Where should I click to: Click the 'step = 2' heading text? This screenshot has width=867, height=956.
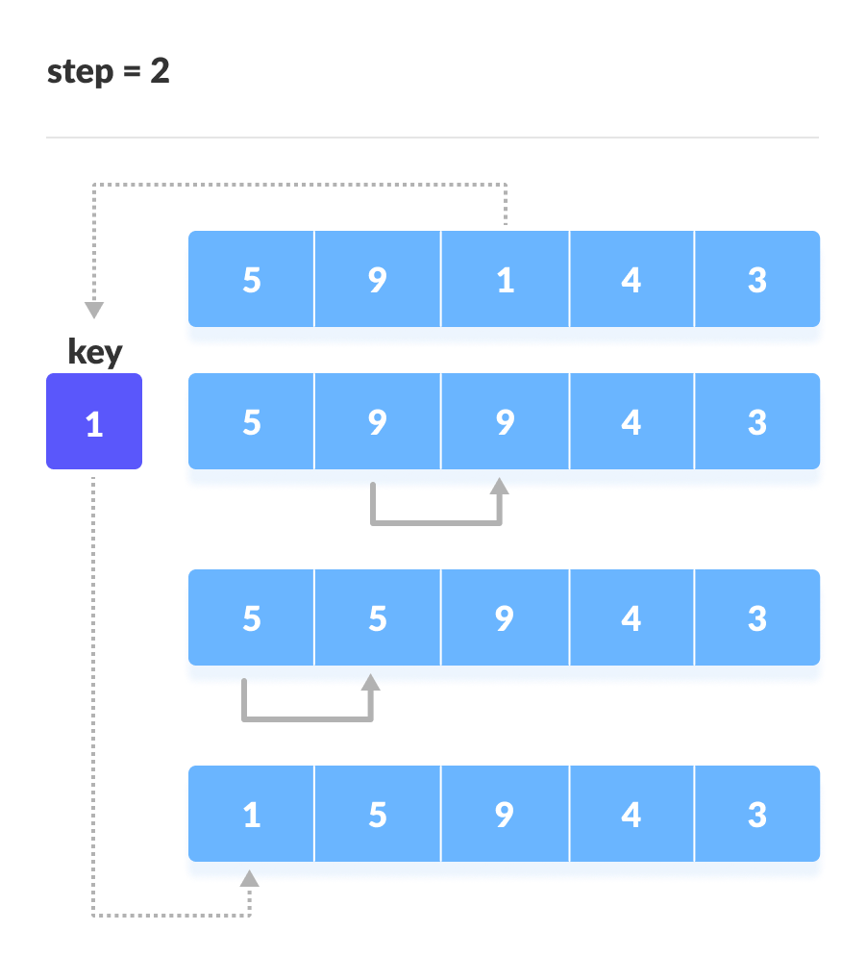coord(109,72)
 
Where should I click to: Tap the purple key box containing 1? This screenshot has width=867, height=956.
coord(94,422)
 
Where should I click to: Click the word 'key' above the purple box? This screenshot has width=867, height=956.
coord(95,352)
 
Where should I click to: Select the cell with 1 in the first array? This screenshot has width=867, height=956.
coord(505,280)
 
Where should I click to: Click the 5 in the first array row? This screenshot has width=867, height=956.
coord(251,280)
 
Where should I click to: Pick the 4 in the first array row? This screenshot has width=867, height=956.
coord(631,280)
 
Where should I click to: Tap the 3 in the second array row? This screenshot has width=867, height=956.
coord(757,422)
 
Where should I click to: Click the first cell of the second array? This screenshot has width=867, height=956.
coord(251,422)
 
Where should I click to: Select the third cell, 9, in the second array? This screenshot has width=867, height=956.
coord(505,422)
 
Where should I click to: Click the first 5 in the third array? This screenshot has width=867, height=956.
coord(251,618)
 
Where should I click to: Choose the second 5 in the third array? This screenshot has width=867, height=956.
coord(378,618)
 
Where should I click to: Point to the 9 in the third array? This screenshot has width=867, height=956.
coord(505,618)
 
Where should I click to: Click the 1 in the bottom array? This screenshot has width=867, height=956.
coord(251,815)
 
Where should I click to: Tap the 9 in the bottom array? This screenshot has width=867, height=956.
coord(505,815)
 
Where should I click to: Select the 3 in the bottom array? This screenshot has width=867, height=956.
coord(757,815)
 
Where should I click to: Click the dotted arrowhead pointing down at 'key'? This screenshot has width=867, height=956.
coord(94,311)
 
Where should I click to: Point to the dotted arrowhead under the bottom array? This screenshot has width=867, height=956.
coord(250,877)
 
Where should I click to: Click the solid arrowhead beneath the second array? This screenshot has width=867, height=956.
coord(500,486)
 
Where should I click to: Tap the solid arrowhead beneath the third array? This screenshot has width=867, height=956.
coord(371,682)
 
